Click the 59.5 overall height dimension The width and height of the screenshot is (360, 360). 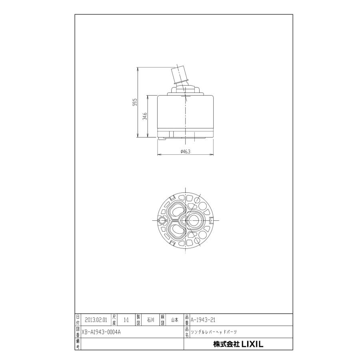(x=135, y=102)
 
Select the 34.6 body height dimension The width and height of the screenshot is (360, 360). (x=145, y=116)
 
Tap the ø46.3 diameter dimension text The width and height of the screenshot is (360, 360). (x=185, y=151)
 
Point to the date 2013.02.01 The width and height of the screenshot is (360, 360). (x=96, y=320)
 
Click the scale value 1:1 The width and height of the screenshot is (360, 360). (x=126, y=320)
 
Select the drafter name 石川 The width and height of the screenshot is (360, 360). (x=150, y=320)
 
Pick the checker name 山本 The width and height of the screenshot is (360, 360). (x=175, y=320)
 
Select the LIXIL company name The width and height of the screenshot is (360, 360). (x=238, y=344)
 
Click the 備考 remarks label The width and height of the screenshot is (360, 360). (x=78, y=344)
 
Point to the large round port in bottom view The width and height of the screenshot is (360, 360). (x=195, y=220)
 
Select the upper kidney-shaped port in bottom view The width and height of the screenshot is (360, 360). (x=176, y=210)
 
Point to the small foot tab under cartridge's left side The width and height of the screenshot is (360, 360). (x=162, y=139)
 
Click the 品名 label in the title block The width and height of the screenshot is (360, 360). (x=187, y=332)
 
